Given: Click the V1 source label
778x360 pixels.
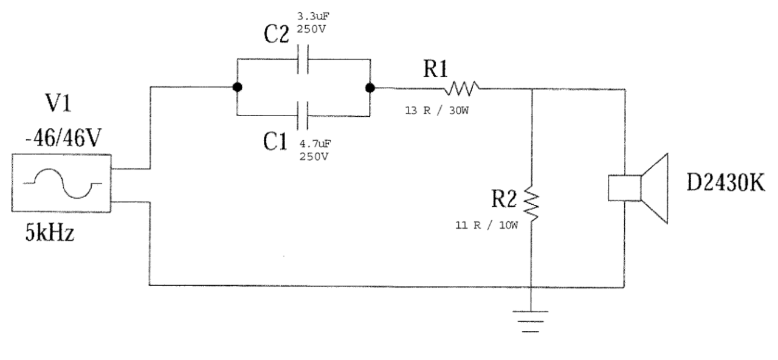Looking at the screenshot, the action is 58,103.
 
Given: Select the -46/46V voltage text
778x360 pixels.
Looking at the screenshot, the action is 63,138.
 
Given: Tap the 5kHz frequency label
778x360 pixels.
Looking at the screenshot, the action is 50,232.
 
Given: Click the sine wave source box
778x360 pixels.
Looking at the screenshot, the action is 61,183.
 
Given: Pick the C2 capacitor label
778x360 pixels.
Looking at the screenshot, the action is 276,34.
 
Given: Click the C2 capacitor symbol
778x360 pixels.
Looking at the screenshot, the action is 303,60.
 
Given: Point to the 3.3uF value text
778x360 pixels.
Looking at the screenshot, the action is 313,16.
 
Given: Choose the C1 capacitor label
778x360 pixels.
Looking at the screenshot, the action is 275,142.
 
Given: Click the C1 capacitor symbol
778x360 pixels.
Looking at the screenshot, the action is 302,116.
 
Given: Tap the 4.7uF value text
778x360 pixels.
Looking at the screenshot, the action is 315,143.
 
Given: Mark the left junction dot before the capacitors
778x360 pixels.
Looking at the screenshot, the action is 237,87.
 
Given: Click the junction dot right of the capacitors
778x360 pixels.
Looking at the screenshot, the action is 370,88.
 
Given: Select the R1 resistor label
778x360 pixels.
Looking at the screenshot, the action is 435,69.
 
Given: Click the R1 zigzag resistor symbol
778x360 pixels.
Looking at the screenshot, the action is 461,89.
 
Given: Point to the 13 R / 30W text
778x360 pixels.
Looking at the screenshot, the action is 437,111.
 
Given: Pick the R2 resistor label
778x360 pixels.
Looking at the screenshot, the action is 504,199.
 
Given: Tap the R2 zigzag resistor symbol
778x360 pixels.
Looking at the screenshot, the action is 531,204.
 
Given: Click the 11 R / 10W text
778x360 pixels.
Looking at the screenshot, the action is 487,225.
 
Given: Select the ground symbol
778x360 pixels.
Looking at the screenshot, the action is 531,322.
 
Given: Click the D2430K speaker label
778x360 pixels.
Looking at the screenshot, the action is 726,183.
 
